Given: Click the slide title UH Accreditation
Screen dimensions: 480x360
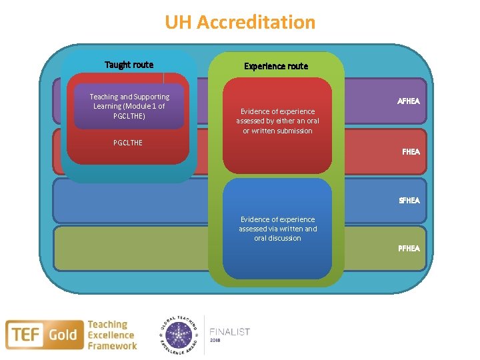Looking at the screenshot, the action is click(240, 23).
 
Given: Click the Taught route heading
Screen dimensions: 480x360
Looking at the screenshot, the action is click(129, 65).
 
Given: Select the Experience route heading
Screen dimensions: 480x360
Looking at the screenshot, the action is click(276, 66).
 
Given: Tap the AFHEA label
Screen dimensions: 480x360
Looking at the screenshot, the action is click(408, 101).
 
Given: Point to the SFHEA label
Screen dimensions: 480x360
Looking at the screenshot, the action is click(409, 200).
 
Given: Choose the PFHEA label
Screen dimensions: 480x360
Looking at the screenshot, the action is click(409, 248).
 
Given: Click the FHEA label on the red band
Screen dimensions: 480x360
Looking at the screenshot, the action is click(411, 151).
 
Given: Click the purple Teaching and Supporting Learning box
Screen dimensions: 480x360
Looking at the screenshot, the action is click(129, 106).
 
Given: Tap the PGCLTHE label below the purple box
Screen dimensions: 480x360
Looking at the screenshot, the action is click(127, 143).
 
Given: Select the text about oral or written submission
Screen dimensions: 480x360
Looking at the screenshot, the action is click(275, 121).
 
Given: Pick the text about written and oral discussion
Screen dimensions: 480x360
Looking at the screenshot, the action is click(277, 229).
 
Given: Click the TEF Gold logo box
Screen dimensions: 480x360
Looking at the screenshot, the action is click(45, 334).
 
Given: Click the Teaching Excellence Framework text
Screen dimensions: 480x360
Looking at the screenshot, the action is click(112, 335).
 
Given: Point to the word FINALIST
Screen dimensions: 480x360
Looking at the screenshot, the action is click(229, 331).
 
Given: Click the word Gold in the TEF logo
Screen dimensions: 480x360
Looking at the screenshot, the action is click(63, 334).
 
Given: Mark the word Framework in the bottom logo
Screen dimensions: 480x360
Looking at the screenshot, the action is click(112, 345).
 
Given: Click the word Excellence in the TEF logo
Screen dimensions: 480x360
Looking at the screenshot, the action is click(111, 335).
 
